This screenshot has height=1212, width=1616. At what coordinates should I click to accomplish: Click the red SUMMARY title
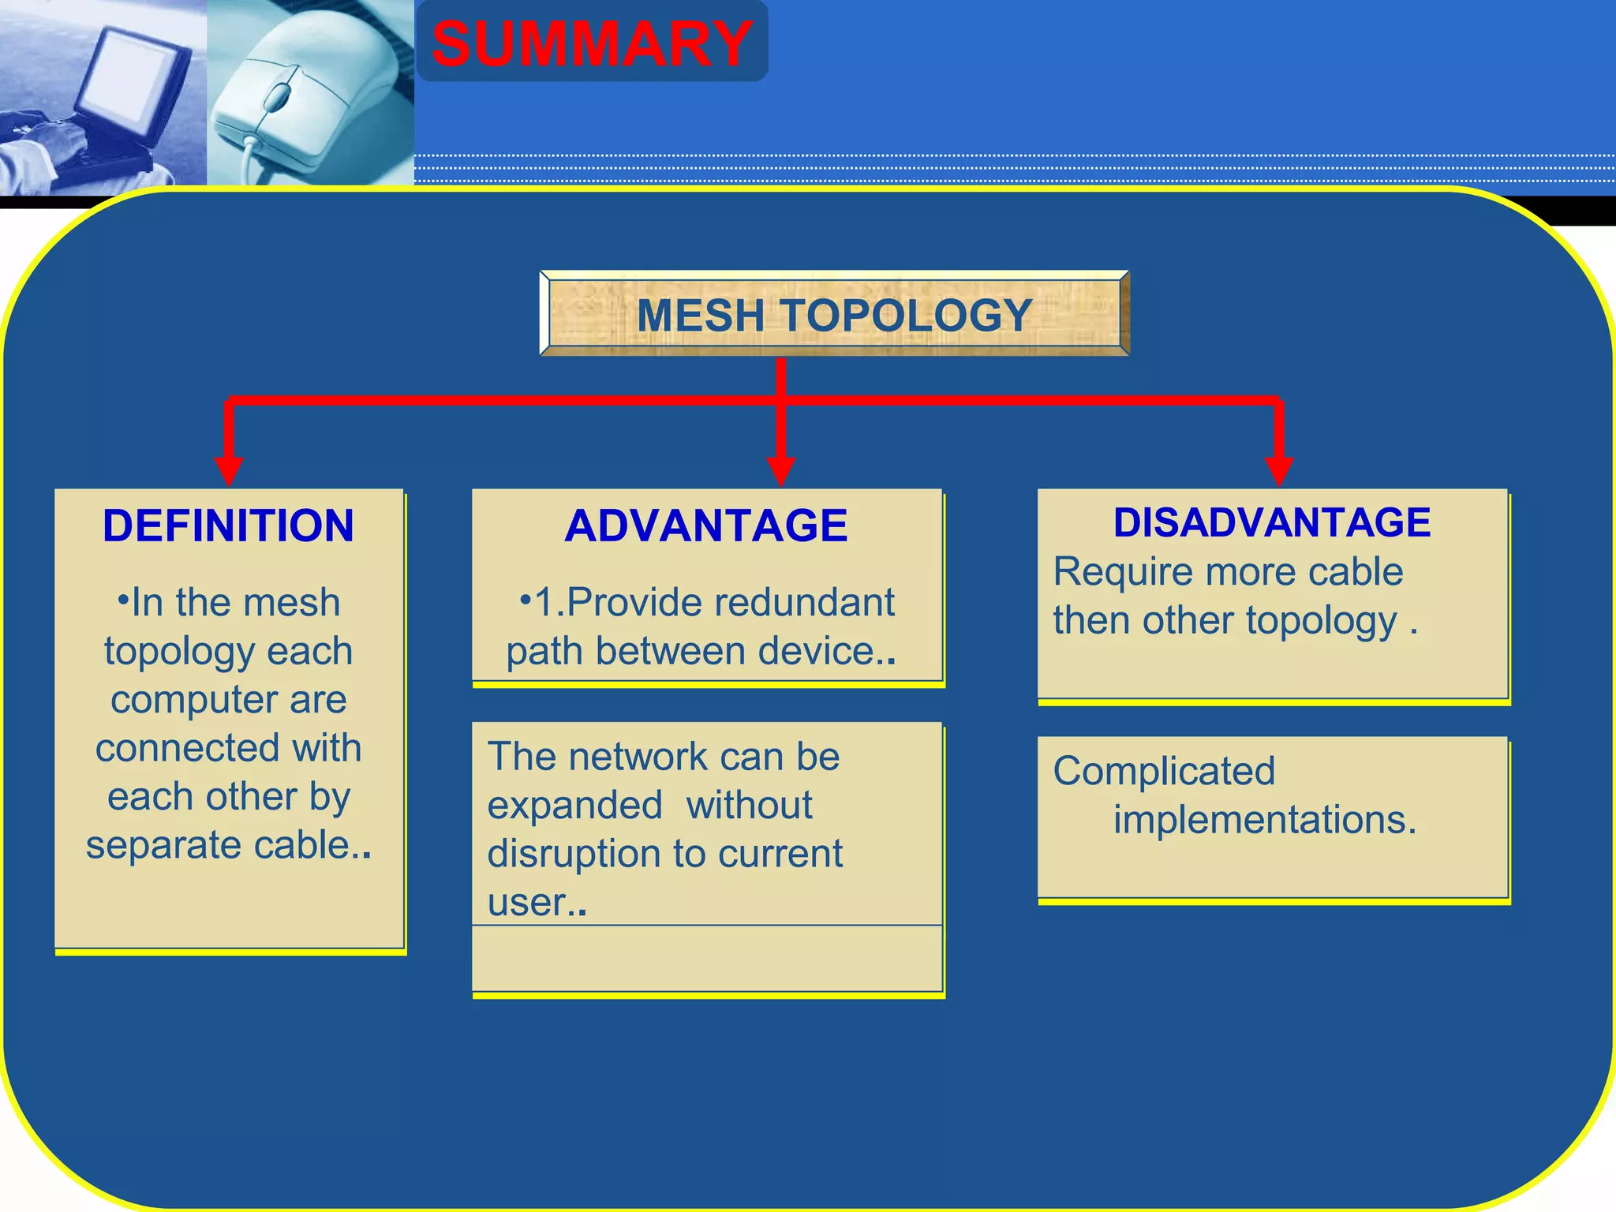click(592, 43)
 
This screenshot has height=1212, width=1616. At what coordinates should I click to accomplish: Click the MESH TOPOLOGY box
click(834, 315)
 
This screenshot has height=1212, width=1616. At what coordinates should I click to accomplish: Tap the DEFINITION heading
click(228, 526)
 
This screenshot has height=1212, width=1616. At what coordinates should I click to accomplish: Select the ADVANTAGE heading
click(706, 526)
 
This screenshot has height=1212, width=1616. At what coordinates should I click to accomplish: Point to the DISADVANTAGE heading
click(1272, 522)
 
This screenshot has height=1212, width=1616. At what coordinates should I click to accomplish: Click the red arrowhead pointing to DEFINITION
click(229, 471)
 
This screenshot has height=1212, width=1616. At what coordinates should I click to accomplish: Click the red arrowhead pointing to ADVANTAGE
click(780, 471)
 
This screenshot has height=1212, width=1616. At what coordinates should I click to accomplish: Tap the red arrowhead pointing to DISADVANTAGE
click(1278, 471)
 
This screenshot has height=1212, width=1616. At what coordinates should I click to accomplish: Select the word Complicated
click(1164, 771)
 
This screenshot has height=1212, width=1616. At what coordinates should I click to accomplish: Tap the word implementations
click(1264, 820)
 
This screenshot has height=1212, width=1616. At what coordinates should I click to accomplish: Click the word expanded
click(574, 806)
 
